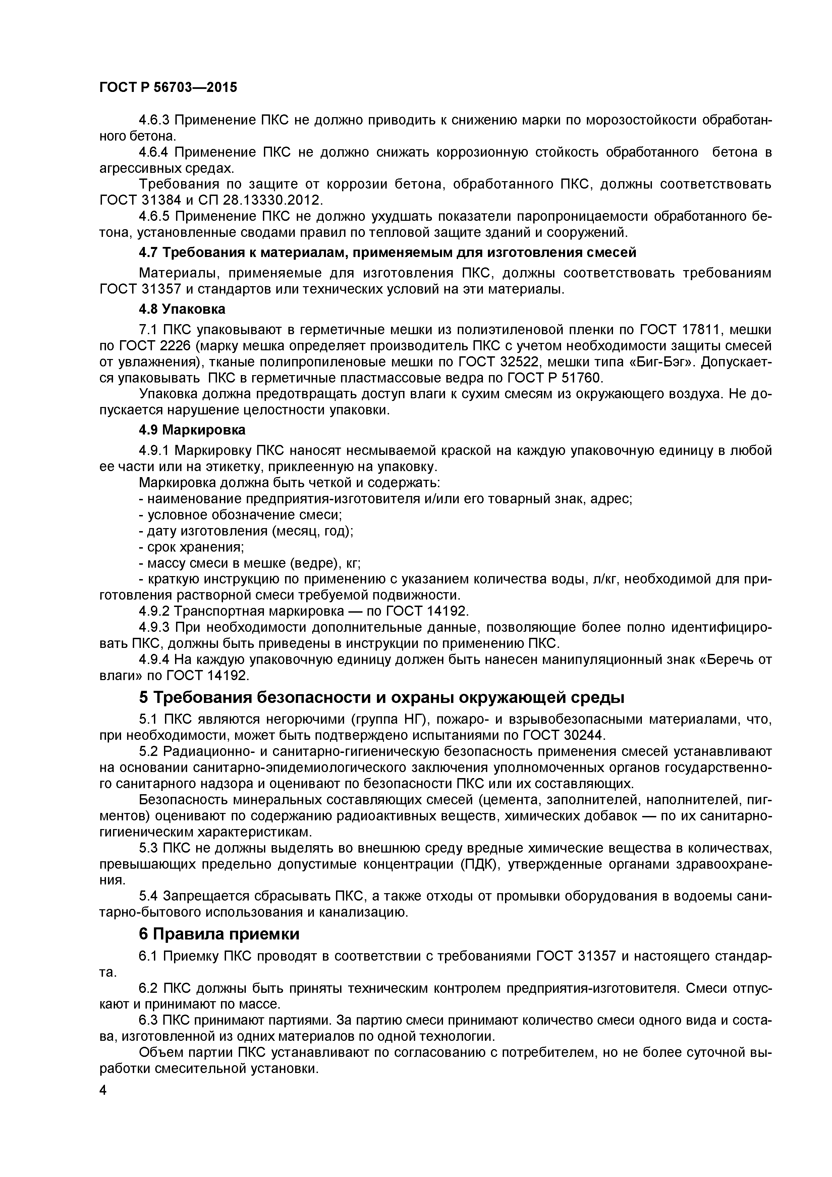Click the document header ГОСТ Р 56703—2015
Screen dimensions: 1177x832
coord(168,88)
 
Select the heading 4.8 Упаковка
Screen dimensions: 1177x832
coord(182,309)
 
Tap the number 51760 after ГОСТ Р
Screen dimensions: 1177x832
coord(581,378)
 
